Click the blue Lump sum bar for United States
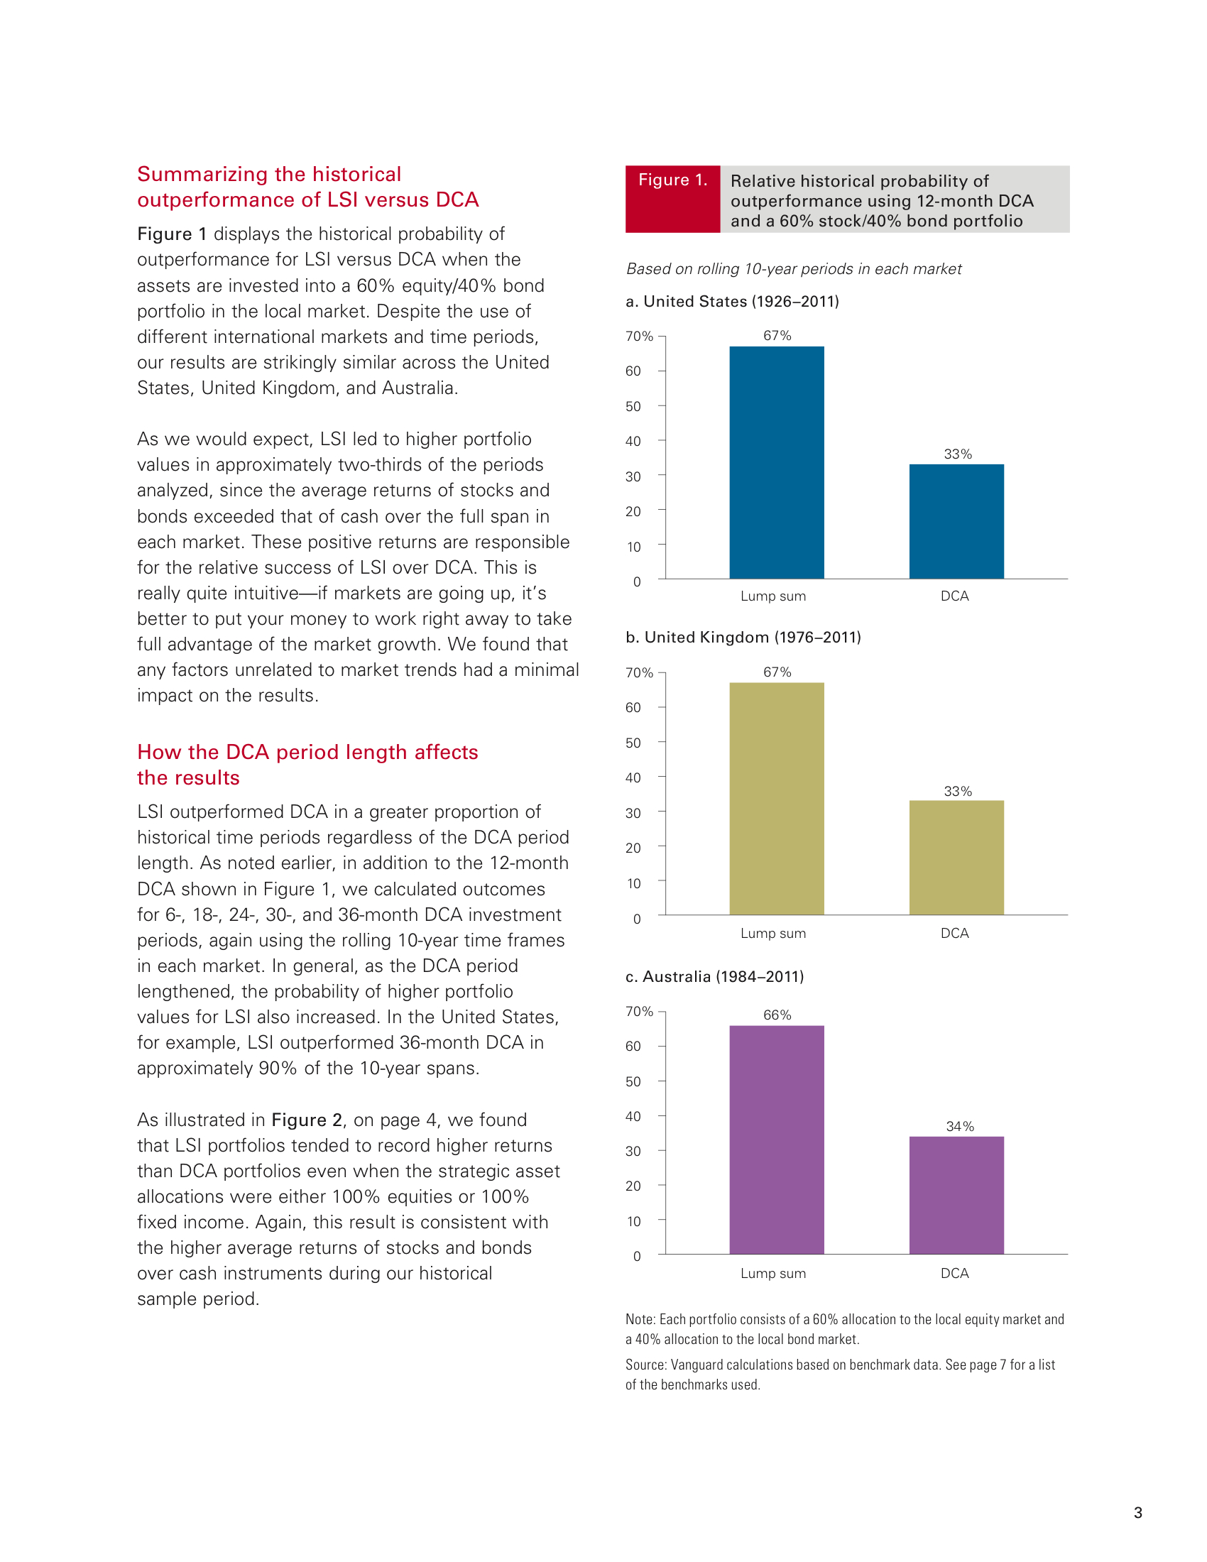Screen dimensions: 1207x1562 click(777, 462)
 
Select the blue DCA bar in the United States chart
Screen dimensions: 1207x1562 click(956, 521)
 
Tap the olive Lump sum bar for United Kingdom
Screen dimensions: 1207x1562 click(777, 798)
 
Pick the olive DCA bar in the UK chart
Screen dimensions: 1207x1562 click(956, 858)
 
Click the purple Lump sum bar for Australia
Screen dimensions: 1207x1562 click(777, 1140)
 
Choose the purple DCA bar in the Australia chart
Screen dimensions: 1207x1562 click(956, 1195)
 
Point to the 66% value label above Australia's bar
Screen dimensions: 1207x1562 click(777, 1015)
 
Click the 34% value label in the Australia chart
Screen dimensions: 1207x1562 click(960, 1127)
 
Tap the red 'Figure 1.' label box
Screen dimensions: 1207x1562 click(673, 199)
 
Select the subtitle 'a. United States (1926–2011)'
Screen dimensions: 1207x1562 click(732, 301)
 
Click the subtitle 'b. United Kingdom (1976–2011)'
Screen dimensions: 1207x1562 click(743, 638)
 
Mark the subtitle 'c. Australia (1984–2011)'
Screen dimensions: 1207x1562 click(714, 976)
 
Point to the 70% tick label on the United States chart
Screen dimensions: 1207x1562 click(639, 336)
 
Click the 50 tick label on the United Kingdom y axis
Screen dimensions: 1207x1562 click(633, 743)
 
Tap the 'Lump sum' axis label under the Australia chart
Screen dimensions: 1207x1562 click(773, 1273)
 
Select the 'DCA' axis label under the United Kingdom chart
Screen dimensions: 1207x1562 click(954, 933)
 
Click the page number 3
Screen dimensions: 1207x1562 click(1137, 1512)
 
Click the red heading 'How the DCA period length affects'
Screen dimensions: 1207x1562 click(307, 752)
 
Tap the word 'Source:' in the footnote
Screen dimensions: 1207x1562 click(646, 1365)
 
